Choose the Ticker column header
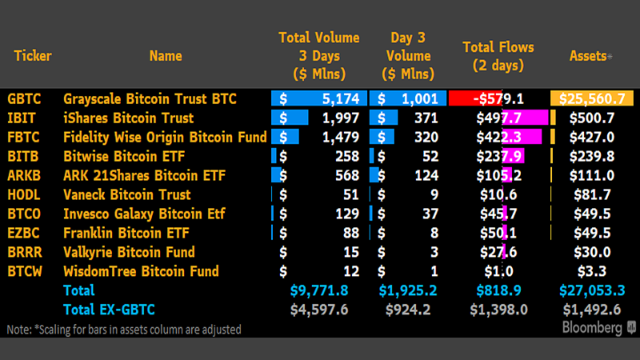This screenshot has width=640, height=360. tap(32, 56)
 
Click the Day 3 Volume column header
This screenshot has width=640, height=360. tap(412, 46)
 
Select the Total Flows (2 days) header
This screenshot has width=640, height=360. tap(498, 55)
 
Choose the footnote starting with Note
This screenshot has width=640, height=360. tap(123, 329)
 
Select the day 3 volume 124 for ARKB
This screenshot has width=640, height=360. tap(423, 175)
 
